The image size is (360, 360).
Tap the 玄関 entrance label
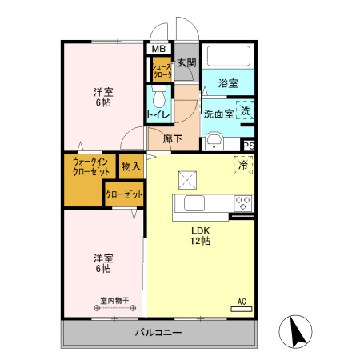tap(186, 63)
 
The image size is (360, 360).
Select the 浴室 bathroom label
tap(228, 83)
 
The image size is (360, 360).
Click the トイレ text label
tap(158, 115)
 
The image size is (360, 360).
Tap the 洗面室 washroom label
tap(218, 113)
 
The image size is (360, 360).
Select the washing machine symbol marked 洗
tap(246, 110)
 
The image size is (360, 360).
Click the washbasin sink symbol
tap(214, 142)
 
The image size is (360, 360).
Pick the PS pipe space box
tap(249, 145)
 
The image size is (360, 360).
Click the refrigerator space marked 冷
tap(243, 166)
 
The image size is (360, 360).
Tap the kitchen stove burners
tap(243, 203)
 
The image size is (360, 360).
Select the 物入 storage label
tap(130, 166)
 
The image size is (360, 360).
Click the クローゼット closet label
tap(124, 194)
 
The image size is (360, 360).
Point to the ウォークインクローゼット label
tap(90, 166)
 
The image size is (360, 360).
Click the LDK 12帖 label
tap(199, 235)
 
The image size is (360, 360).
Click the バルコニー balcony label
tap(158, 333)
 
